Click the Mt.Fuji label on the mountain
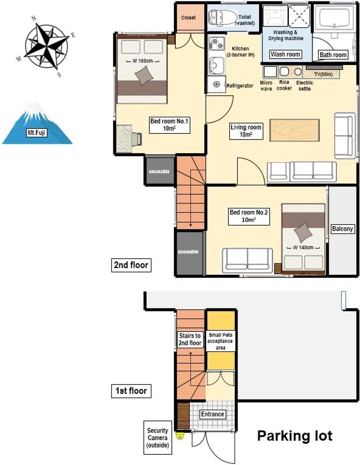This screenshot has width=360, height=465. (x=36, y=133)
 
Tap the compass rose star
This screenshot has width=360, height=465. (x=46, y=46)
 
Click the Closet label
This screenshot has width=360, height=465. (x=189, y=18)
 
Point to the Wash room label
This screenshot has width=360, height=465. (x=285, y=54)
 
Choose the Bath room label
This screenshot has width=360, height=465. (x=333, y=55)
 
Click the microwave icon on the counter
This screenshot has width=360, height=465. (x=270, y=72)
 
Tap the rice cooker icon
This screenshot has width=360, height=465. (x=285, y=72)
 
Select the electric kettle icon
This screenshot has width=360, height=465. (x=298, y=72)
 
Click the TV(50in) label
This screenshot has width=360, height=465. (x=323, y=74)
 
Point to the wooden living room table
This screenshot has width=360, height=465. (x=294, y=130)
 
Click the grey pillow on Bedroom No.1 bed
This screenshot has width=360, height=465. (x=144, y=75)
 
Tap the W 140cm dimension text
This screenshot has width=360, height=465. (x=303, y=247)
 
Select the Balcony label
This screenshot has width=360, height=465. (x=342, y=229)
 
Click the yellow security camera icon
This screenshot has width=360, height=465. (x=180, y=435)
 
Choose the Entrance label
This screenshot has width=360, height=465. (x=212, y=414)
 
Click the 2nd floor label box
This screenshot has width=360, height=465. (x=131, y=265)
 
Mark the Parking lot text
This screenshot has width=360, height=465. (x=295, y=436)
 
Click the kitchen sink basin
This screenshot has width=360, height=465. (x=216, y=64)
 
